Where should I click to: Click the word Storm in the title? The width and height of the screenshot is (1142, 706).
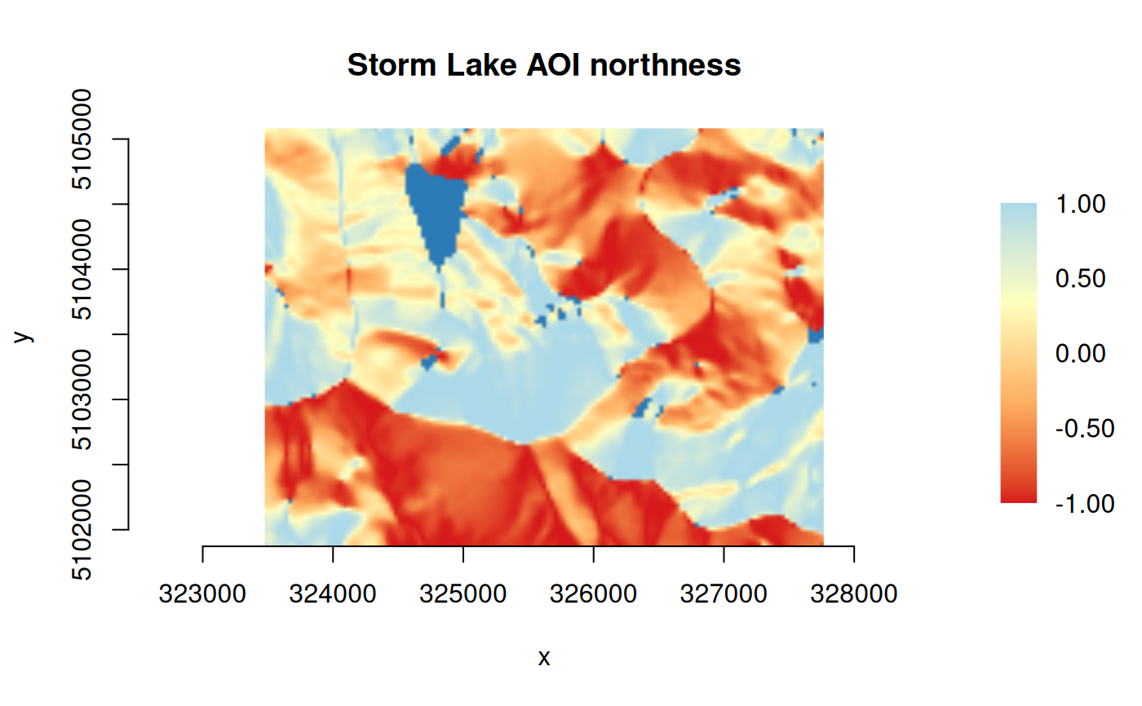coord(392,65)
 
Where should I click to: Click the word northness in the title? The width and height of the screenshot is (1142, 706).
coord(666,65)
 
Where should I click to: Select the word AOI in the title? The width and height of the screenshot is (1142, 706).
coord(553,65)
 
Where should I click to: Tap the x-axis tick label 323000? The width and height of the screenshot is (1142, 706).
coord(202,594)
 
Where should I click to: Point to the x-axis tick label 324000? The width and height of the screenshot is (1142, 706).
coord(333,594)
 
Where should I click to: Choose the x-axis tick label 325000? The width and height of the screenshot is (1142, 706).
coord(463,594)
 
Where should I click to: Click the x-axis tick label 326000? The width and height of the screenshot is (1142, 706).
coord(594,594)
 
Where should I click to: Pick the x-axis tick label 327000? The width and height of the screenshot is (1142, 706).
coord(724,594)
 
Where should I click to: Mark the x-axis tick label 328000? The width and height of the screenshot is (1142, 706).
coord(854,594)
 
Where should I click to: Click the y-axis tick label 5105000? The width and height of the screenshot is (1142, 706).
coord(82,139)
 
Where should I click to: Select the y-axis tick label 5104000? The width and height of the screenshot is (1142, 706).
coord(82,269)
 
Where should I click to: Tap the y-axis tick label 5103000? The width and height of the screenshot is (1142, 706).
coord(82,399)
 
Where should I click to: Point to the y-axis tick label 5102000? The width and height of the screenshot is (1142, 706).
coord(82,530)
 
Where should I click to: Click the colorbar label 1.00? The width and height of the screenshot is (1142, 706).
coord(1080,205)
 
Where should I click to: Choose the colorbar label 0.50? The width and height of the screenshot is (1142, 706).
coord(1080,279)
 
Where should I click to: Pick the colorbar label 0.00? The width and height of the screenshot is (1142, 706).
coord(1080,354)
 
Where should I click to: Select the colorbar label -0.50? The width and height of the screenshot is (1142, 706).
coord(1084,429)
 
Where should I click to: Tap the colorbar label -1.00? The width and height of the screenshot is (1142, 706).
coord(1084,504)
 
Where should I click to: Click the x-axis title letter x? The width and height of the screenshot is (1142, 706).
coord(544,658)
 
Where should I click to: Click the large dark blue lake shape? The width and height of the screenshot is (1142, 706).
coord(436,209)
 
